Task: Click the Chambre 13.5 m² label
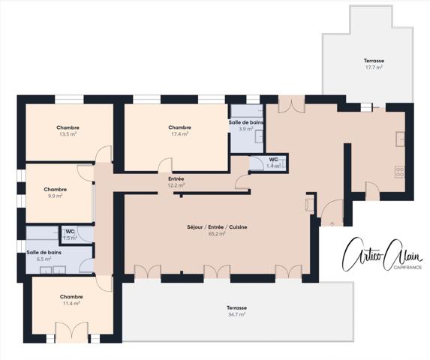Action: (x=68, y=130)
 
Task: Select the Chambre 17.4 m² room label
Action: (x=179, y=130)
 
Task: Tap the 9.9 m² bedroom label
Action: (x=56, y=193)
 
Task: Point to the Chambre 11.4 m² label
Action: (x=71, y=300)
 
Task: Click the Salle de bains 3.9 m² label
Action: (x=246, y=125)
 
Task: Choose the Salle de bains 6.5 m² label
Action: (x=43, y=255)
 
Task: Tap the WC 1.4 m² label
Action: (x=274, y=163)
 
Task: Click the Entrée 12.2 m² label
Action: (x=176, y=182)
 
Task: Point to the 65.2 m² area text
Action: (x=217, y=234)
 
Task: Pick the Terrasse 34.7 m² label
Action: (x=237, y=312)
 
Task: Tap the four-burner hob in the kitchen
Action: (x=400, y=171)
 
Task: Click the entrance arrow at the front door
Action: (x=331, y=221)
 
